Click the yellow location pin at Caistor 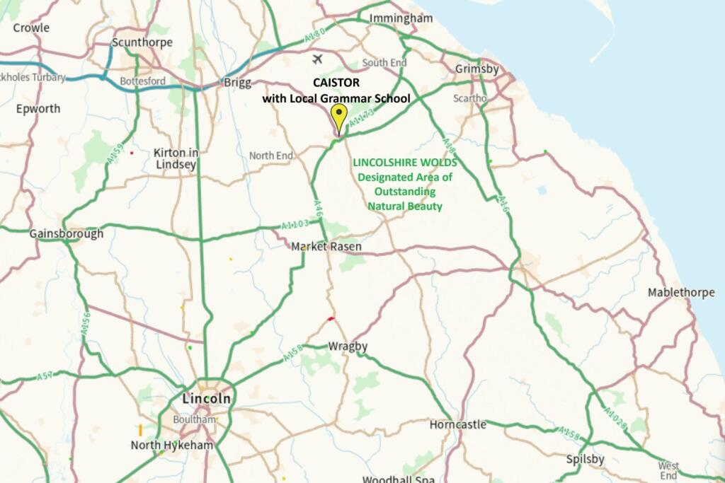pos(339,116)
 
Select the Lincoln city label pos(206,398)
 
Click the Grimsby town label pos(476,69)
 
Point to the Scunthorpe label pos(142,42)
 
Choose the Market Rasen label pos(326,247)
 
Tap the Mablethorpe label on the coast pos(681,292)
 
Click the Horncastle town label pos(458,424)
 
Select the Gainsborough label pos(66,233)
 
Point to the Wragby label pos(348,347)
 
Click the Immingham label pos(401,18)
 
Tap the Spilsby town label pos(586,459)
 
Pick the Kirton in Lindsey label pos(175,158)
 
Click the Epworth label pos(38,109)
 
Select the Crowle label pos(31,28)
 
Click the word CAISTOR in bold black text pos(336,83)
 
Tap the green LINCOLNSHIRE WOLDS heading pos(405,163)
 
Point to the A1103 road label pos(295,224)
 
